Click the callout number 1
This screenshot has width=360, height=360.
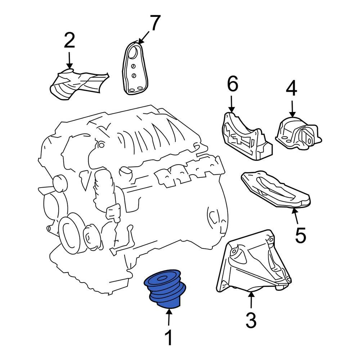pyautogui.click(x=169, y=338)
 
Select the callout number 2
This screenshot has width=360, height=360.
pyautogui.click(x=69, y=40)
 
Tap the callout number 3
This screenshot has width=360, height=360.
pyautogui.click(x=251, y=320)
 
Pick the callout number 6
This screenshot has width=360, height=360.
pyautogui.click(x=232, y=84)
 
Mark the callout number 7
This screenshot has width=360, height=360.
pyautogui.click(x=155, y=23)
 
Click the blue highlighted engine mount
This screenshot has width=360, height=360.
pyautogui.click(x=165, y=289)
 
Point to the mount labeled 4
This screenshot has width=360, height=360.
pyautogui.click(x=298, y=134)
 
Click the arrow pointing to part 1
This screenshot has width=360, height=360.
pyautogui.click(x=169, y=317)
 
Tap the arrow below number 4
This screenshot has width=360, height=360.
pyautogui.click(x=292, y=109)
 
